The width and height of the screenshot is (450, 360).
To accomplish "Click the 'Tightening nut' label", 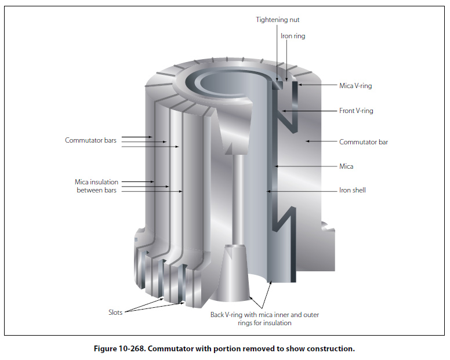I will tap(278, 20).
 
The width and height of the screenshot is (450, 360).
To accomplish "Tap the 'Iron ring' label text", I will tap(293, 36).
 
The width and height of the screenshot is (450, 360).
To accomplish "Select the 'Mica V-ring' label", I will tap(355, 86).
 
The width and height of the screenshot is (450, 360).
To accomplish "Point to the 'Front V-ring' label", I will tap(356, 111).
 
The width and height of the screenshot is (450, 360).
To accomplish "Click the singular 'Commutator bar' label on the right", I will tap(363, 141).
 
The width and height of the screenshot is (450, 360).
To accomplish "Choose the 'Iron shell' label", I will tap(352, 190).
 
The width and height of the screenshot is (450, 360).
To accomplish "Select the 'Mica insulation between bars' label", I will tap(96, 186).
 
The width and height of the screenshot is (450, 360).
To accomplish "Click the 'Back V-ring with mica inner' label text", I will tap(264, 315).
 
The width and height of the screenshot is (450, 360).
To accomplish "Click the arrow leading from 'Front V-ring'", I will tap(307, 111).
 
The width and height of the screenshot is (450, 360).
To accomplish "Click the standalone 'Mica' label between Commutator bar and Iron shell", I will tap(346, 166).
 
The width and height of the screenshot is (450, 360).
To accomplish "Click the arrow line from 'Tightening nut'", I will tap(277, 52).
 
